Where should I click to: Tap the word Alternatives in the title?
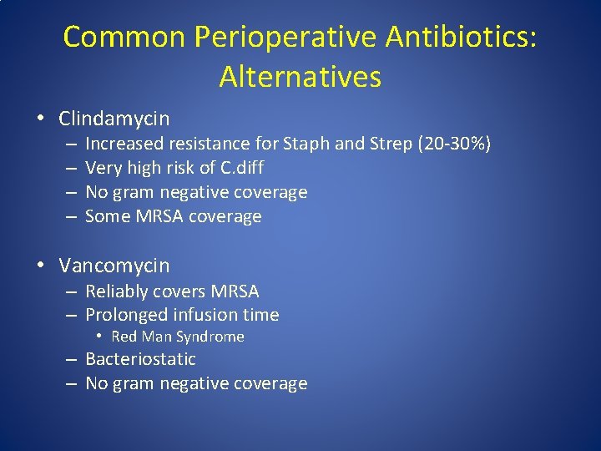pos(300,77)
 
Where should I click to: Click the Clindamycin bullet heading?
pos(114,119)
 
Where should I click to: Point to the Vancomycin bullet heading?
pos(114,266)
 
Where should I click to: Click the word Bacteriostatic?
pos(140,359)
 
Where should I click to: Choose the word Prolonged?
pos(127,315)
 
